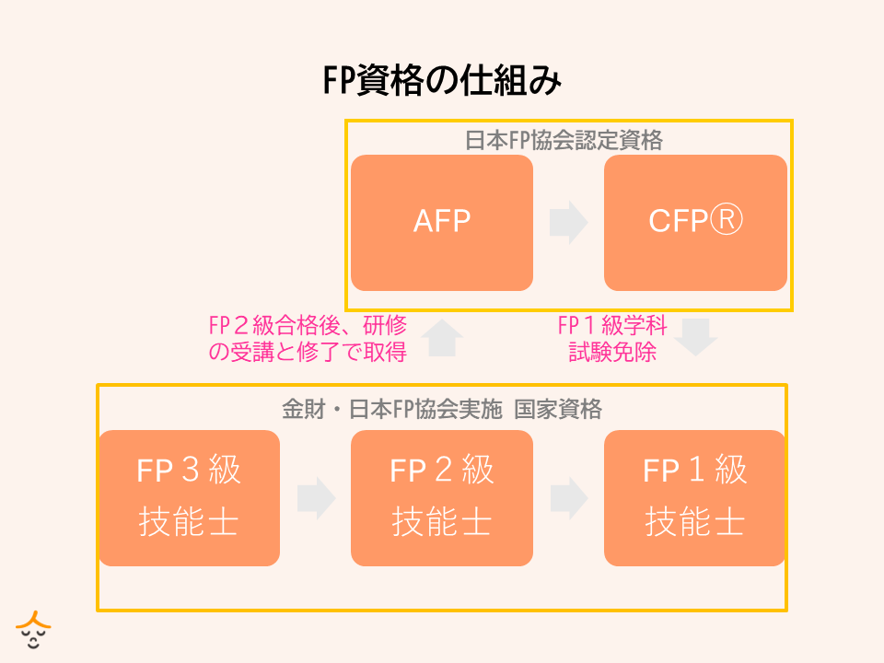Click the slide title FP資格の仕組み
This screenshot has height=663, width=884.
coord(442,81)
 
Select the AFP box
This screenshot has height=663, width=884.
coord(442,222)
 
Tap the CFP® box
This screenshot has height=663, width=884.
coord(695,222)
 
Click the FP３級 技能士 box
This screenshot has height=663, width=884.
coord(189,497)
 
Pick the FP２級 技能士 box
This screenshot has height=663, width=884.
coord(442,497)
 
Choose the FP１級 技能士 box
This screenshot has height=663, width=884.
coord(695,497)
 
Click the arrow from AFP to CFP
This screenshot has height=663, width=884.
coord(568,223)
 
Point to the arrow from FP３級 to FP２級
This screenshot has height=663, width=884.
coord(316,497)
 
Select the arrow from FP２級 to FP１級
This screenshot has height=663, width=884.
coord(568,497)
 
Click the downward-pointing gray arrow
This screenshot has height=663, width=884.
coord(696,337)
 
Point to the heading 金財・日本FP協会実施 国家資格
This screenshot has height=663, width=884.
coord(442,409)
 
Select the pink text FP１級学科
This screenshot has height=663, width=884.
coord(612,326)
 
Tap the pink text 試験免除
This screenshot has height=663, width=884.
coord(612,351)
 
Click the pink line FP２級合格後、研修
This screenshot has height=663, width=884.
coord(308,326)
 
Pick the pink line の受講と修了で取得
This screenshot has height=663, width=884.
coord(308,351)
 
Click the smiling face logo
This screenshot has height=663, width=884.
coord(34,631)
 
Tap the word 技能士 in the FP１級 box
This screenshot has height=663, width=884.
coord(695,523)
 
